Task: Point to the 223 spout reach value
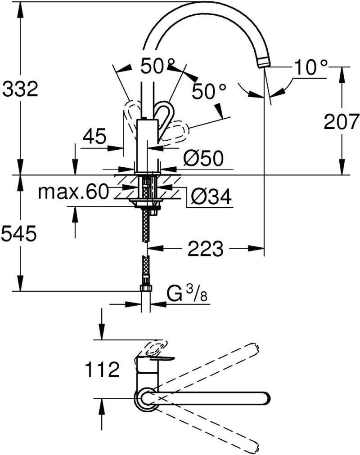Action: (x=206, y=248)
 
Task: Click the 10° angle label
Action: (x=310, y=68)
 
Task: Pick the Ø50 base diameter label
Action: (x=203, y=158)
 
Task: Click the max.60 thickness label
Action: (x=73, y=192)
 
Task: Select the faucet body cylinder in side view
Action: (x=146, y=144)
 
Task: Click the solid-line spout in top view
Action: (x=211, y=397)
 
